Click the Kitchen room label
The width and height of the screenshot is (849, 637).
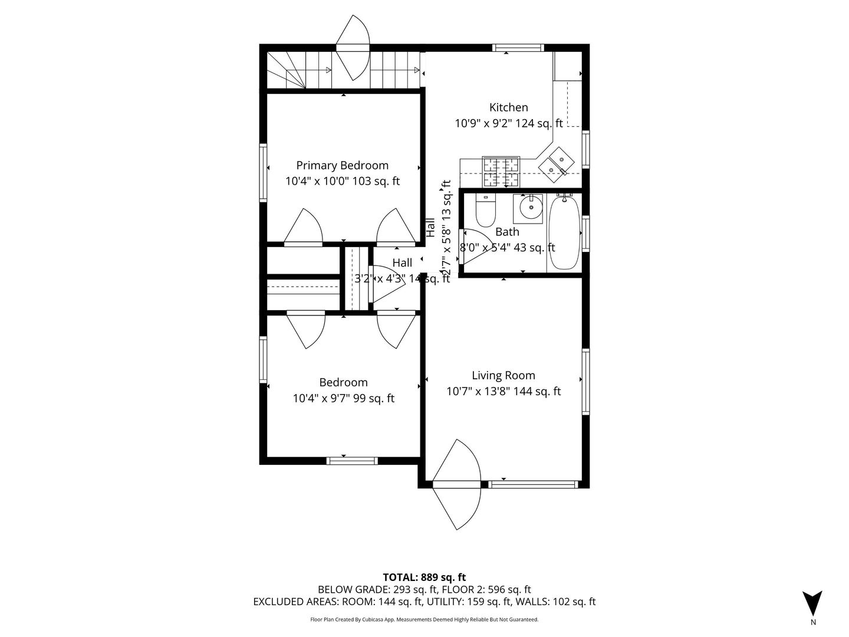[x=508, y=107]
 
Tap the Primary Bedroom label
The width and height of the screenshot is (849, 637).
[x=342, y=166]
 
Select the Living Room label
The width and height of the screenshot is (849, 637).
[x=504, y=376]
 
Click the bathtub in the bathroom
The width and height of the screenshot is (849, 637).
[x=564, y=232]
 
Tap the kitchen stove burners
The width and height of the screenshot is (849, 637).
[x=501, y=172]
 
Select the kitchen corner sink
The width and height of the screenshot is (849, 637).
[x=557, y=163]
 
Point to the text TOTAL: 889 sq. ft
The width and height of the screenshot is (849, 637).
[x=424, y=577]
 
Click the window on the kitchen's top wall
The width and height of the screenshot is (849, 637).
[x=518, y=48]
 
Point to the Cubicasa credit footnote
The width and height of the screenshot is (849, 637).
[x=424, y=619]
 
